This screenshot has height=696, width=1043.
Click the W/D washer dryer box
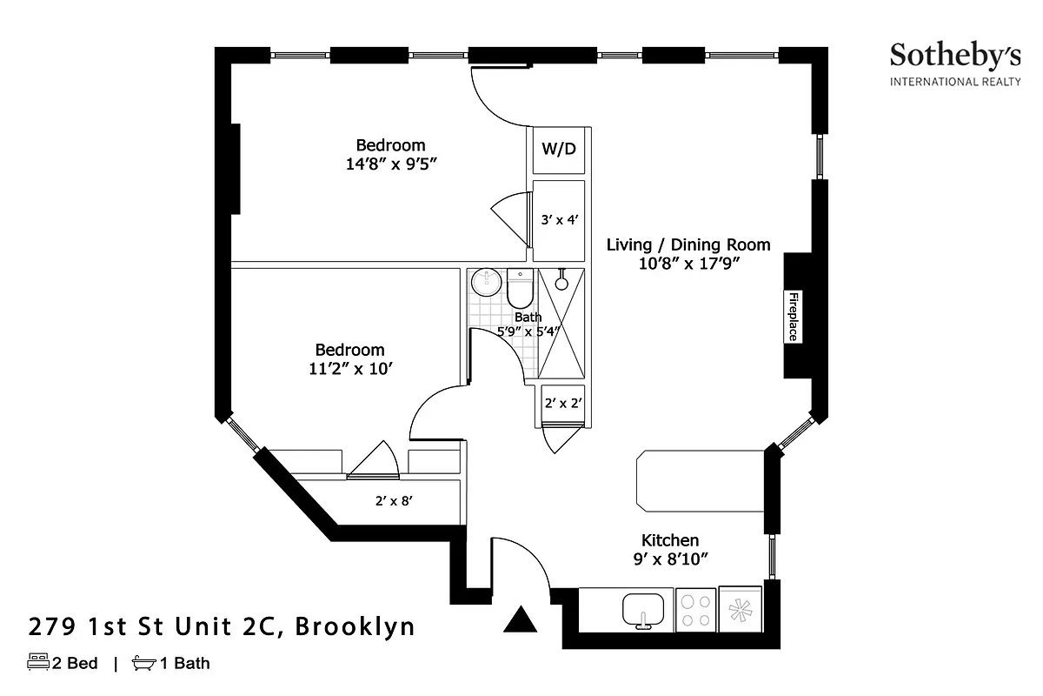(x=559, y=149)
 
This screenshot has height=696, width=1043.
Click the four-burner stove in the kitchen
(x=695, y=609)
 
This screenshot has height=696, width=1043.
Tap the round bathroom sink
(x=486, y=282)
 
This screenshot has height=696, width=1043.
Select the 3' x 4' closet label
(x=560, y=220)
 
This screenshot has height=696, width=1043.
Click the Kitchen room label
(x=670, y=540)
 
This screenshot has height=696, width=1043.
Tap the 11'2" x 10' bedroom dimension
(x=349, y=368)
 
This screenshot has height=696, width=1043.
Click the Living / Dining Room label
(x=688, y=245)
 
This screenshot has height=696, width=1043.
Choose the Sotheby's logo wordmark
(x=954, y=57)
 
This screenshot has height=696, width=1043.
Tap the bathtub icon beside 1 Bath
(x=144, y=664)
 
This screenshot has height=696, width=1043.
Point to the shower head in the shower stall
(x=562, y=282)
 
